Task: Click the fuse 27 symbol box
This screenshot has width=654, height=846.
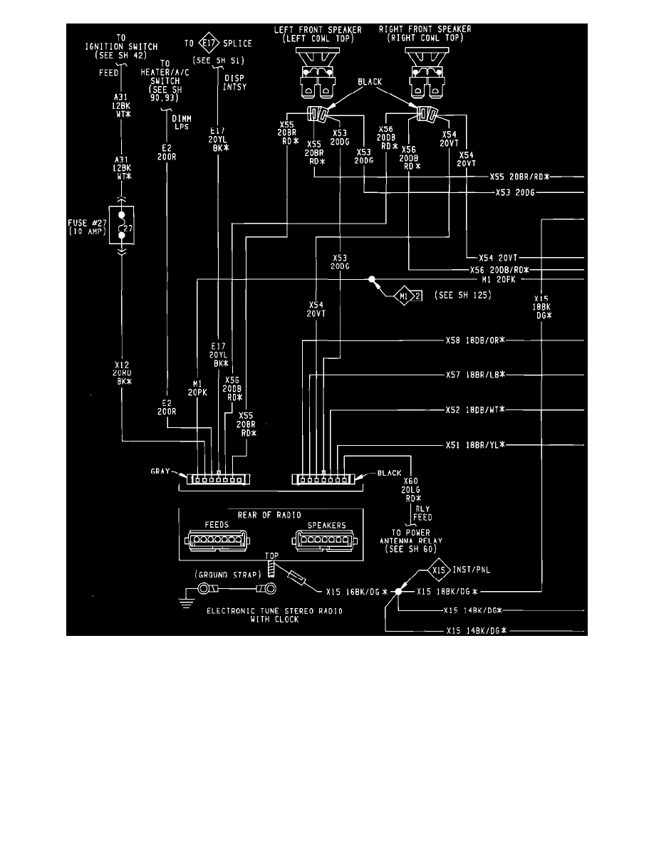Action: tap(123, 225)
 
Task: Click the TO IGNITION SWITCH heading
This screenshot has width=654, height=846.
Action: tap(123, 43)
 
